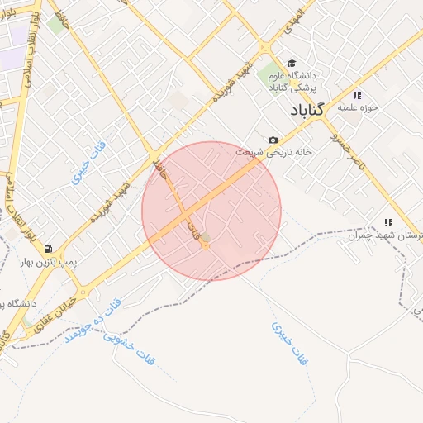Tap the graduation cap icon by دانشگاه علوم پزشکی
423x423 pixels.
(290, 63)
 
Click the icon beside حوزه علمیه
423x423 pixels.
(357, 94)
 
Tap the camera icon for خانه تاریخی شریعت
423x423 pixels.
(273, 140)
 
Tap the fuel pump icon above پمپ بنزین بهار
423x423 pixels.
(48, 249)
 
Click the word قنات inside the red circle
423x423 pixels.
(196, 229)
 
